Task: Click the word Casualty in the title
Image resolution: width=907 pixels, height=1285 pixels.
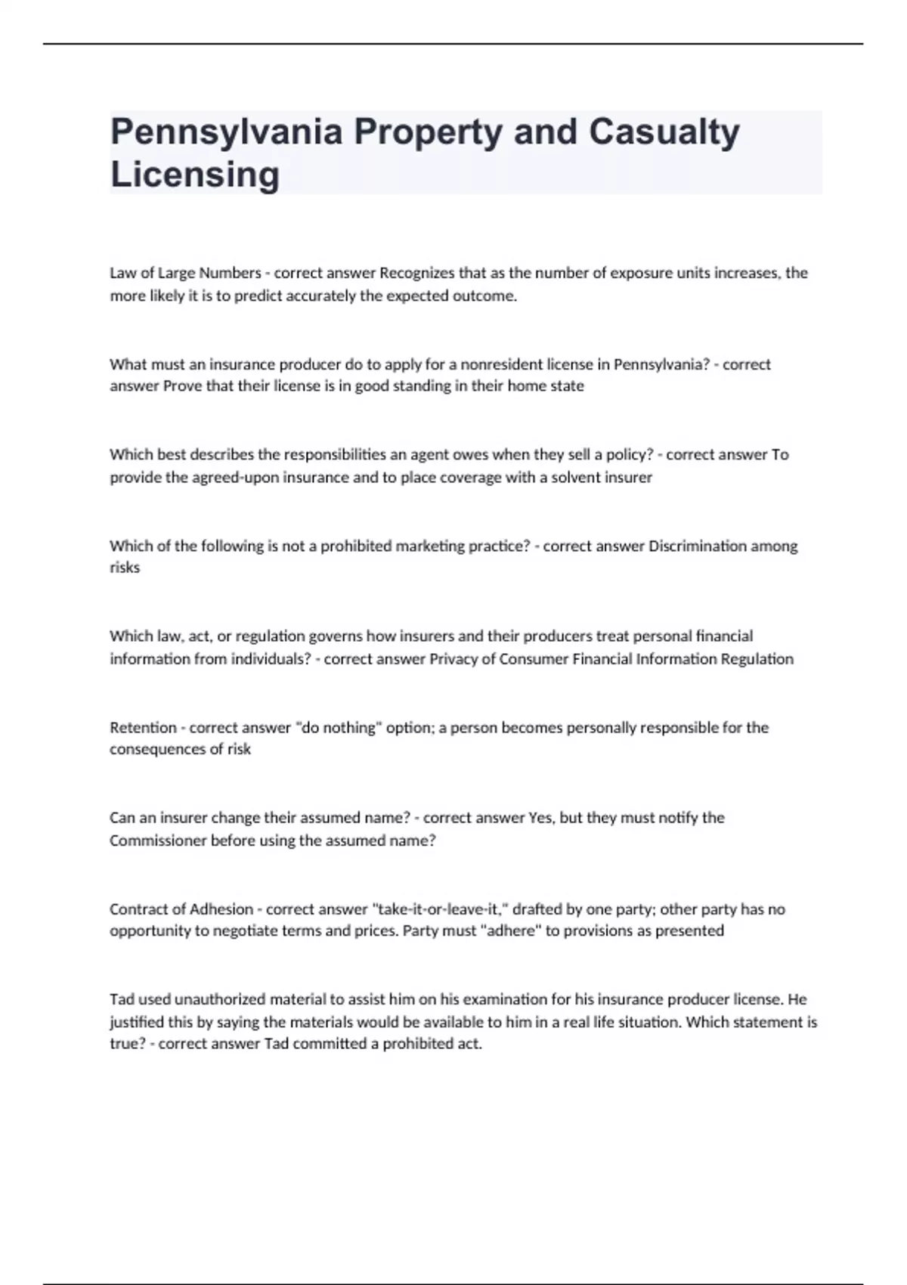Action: click(x=664, y=132)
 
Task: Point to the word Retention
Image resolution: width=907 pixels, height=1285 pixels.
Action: click(x=143, y=727)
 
